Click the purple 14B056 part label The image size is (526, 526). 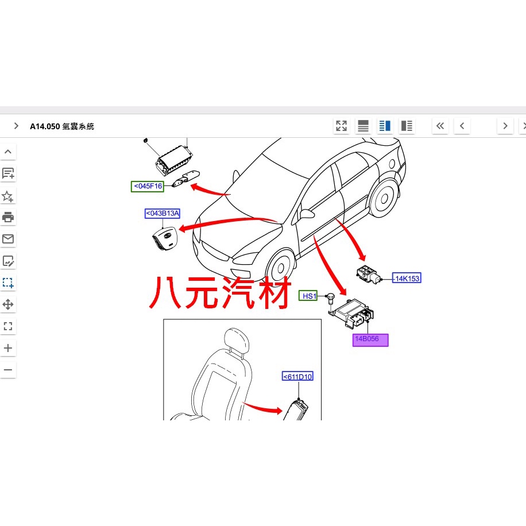[x=370, y=340]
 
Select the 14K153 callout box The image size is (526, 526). [x=407, y=278]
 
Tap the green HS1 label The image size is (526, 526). [x=308, y=296]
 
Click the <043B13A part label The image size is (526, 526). [x=163, y=214]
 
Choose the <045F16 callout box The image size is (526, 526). [x=147, y=186]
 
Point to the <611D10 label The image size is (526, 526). [x=297, y=376]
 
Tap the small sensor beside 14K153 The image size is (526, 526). [x=369, y=274]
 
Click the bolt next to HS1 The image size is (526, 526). [x=330, y=299]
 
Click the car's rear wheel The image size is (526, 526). [x=384, y=198]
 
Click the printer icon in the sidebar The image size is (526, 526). [x=8, y=217]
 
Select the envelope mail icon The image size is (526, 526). [x=8, y=239]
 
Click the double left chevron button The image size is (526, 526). [x=440, y=126]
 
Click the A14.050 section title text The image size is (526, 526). [x=62, y=126]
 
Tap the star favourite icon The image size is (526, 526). [x=7, y=196]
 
